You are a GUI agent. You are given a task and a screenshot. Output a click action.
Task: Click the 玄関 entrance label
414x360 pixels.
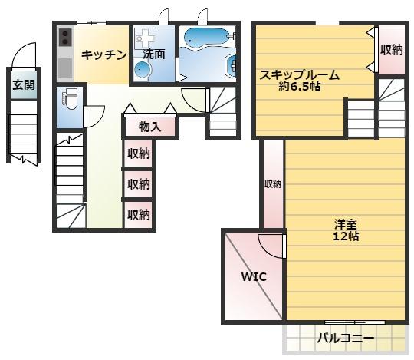(x=23, y=85)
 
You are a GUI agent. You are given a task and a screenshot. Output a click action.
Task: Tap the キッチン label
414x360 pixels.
(x=103, y=54)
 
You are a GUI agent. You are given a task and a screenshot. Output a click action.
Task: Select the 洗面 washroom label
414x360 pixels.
(x=154, y=54)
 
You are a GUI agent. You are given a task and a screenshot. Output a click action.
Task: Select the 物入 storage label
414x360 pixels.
(x=149, y=127)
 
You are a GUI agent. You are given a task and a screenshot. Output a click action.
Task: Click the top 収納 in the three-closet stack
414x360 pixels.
(x=139, y=154)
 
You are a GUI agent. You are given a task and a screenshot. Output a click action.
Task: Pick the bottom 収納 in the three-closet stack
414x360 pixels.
(x=139, y=215)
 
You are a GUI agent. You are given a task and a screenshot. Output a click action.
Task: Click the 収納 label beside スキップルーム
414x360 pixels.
(x=392, y=50)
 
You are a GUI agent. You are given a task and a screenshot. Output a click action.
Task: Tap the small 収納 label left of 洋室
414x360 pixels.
(x=273, y=184)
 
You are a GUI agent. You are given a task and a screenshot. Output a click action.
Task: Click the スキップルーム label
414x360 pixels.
(x=299, y=75)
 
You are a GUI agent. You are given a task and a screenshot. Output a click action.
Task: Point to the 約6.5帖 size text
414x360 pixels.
(x=299, y=88)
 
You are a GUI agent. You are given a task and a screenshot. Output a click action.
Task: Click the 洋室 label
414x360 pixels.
(x=345, y=224)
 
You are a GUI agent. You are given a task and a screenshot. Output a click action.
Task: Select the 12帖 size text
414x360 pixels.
(x=345, y=236)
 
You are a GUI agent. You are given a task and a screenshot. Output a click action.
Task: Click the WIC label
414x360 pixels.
(x=254, y=276)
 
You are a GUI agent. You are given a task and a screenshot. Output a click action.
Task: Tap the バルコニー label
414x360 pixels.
(x=346, y=338)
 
